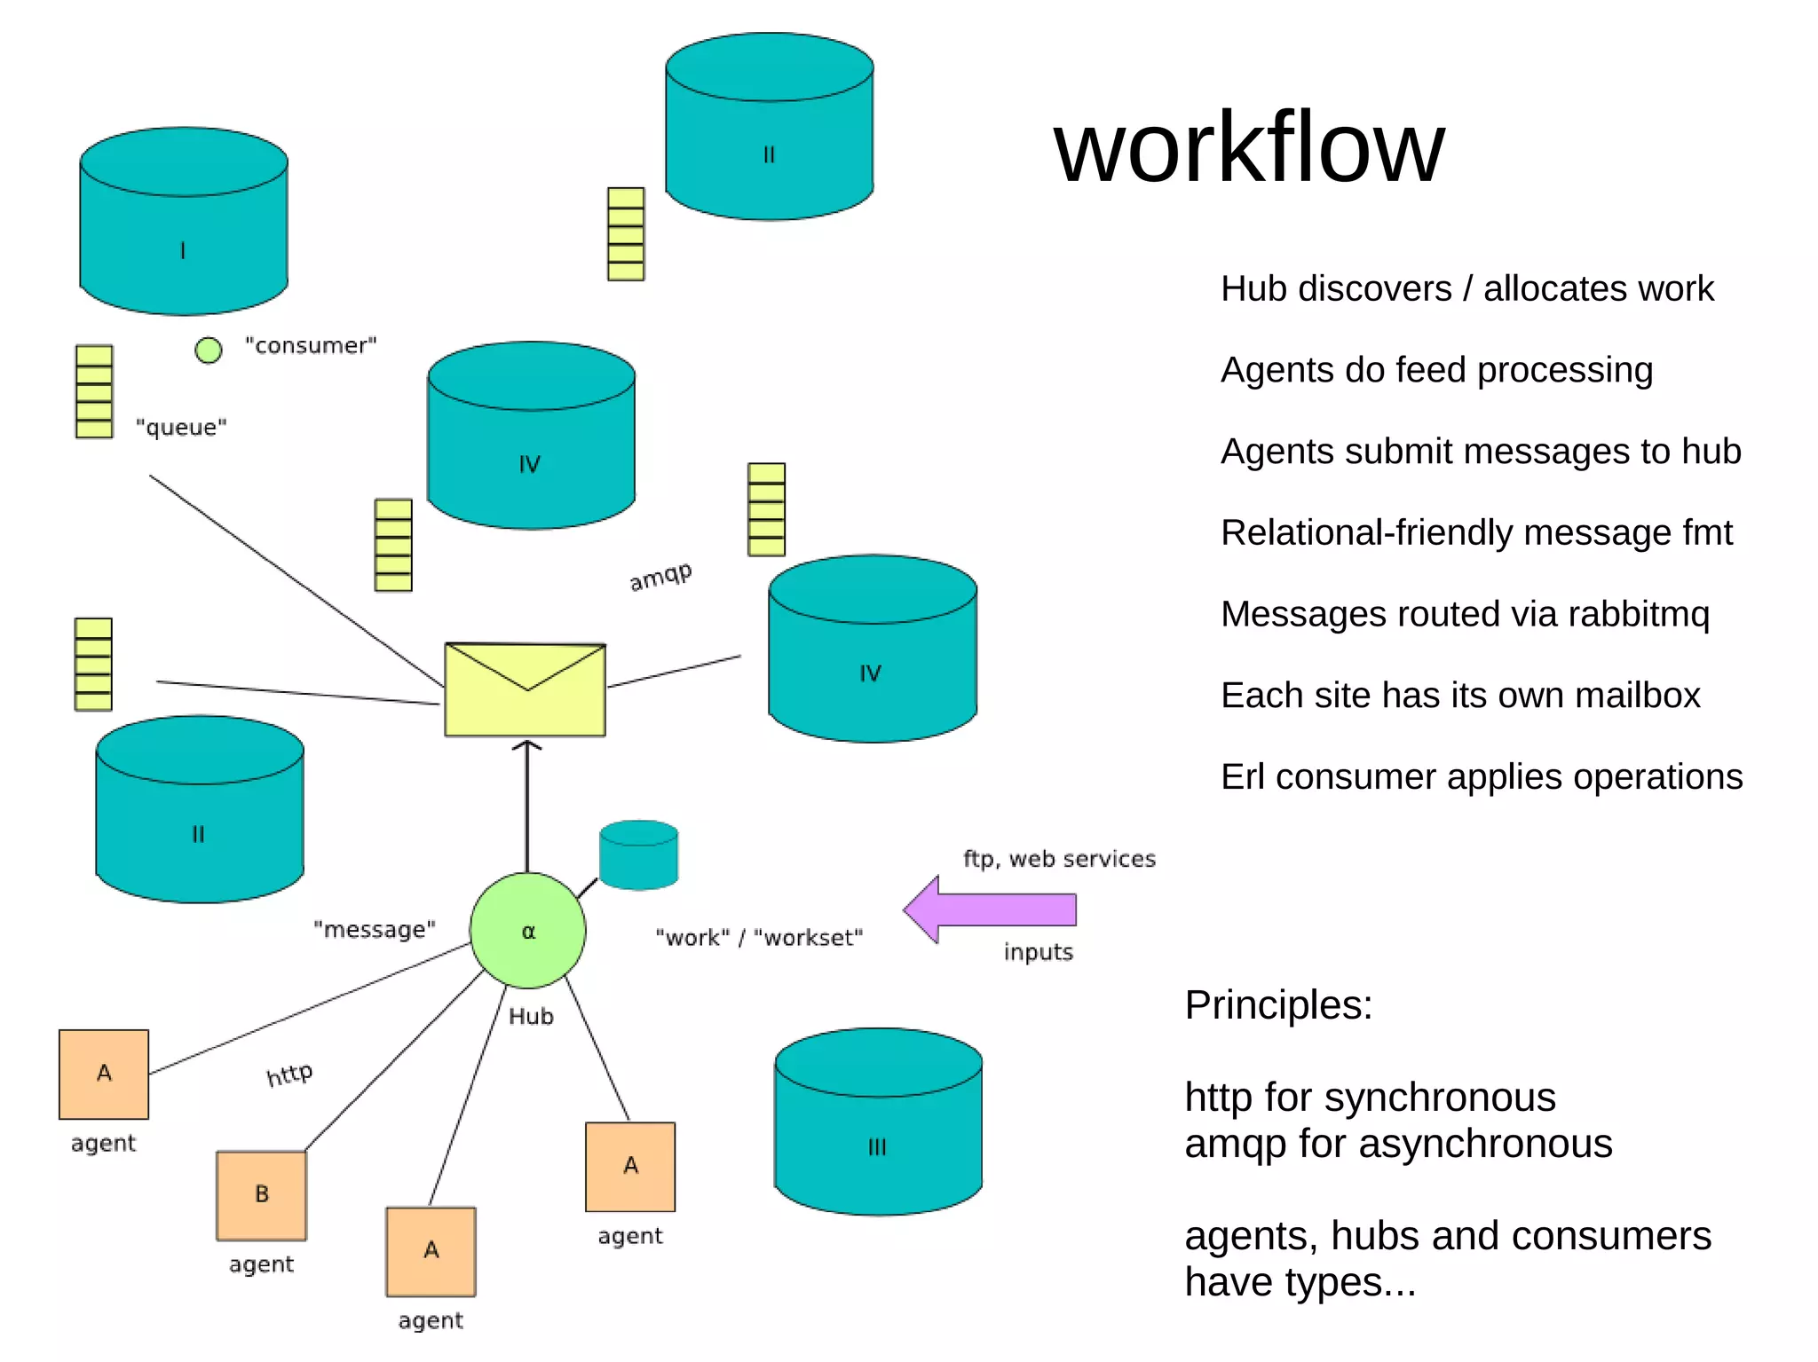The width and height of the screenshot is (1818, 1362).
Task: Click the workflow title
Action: [x=1249, y=147]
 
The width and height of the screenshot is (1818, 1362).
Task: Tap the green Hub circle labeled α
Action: [x=527, y=931]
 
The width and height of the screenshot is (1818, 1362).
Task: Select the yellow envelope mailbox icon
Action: [x=525, y=689]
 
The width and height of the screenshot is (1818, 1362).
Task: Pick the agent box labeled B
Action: [x=261, y=1194]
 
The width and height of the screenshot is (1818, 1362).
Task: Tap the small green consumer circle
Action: [x=209, y=350]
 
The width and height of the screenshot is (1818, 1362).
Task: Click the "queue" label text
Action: [x=181, y=428]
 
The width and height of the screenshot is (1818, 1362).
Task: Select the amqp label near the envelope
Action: [x=660, y=577]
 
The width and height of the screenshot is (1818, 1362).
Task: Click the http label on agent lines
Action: [x=289, y=1075]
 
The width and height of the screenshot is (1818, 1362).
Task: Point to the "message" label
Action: [x=374, y=929]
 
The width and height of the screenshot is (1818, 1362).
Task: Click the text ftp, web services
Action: [x=1059, y=859]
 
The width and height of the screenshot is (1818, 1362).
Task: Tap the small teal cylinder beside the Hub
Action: [x=638, y=854]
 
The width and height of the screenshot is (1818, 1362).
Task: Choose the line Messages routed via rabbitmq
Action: [x=1465, y=614]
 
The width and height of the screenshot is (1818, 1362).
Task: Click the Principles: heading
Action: [x=1278, y=1005]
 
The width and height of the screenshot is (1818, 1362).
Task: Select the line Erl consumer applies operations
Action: [x=1481, y=776]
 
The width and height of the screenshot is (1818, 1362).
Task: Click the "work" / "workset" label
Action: [x=759, y=938]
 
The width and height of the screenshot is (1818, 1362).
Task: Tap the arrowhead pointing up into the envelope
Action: [x=527, y=746]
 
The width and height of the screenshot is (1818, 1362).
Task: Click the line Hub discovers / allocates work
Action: [x=1466, y=288]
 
